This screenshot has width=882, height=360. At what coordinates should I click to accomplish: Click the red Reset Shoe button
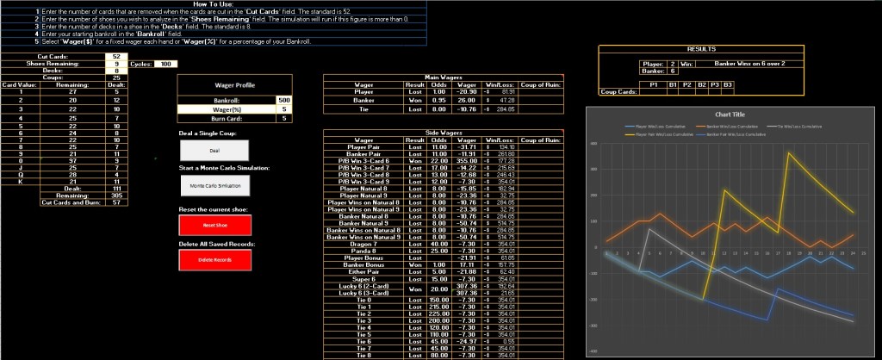click(x=214, y=225)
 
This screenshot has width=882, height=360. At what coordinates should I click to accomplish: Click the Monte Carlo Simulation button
click(x=214, y=185)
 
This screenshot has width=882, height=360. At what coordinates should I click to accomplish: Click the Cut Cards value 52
click(x=116, y=56)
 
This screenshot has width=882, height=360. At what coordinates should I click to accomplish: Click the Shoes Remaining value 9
click(x=116, y=64)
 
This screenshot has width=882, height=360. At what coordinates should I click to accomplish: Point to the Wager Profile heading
click(x=214, y=85)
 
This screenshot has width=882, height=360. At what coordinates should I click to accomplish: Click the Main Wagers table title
click(x=443, y=78)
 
